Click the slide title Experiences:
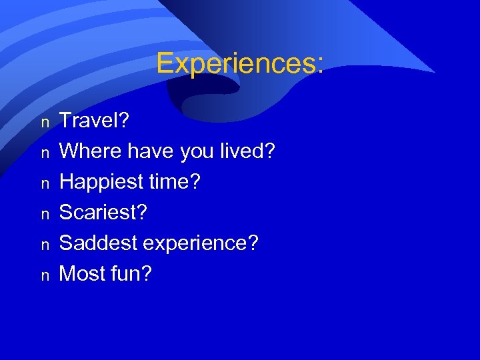click(x=240, y=64)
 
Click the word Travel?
click(x=94, y=121)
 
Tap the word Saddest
click(x=97, y=243)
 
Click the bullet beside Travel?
click(x=45, y=123)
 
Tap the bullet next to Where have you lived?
click(x=45, y=153)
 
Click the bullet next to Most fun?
click(x=45, y=275)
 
